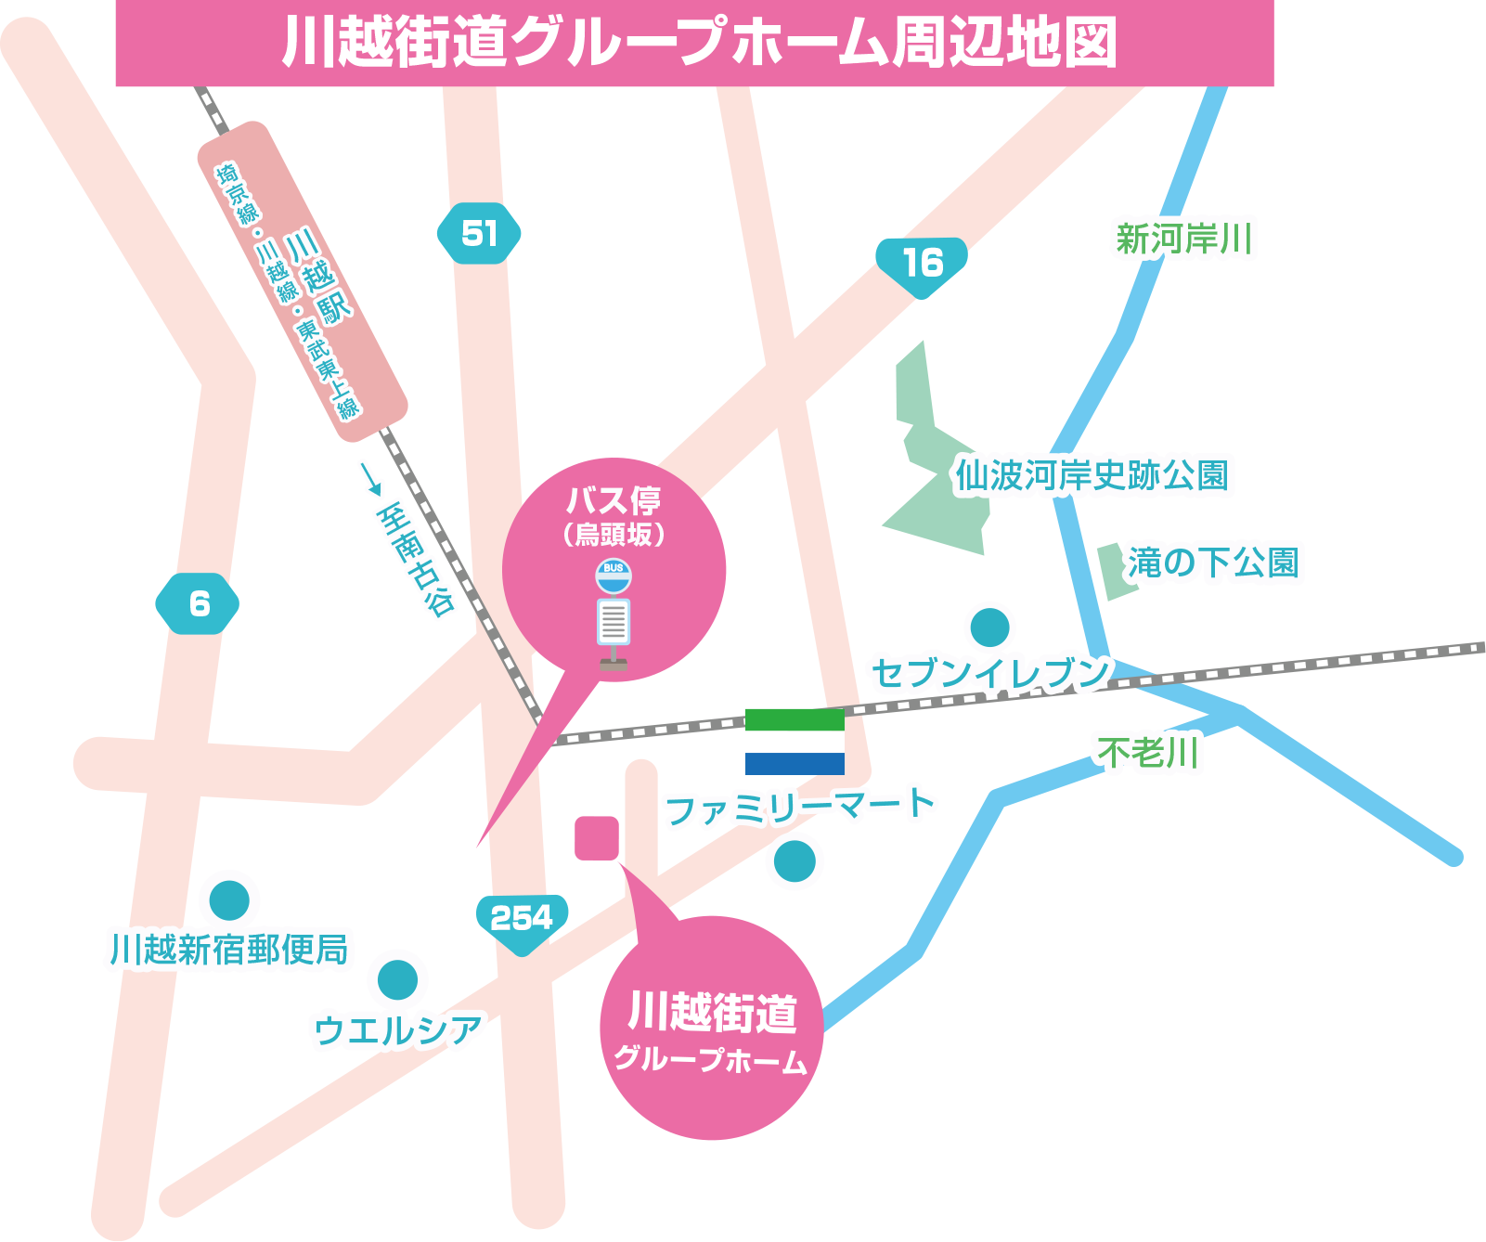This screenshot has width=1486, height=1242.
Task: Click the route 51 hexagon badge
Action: (479, 233)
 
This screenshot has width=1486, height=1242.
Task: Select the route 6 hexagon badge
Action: (198, 604)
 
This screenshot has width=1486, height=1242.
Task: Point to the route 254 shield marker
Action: (522, 920)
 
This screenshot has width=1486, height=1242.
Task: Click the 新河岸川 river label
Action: (1184, 239)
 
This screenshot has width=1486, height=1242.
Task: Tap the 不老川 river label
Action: (1149, 752)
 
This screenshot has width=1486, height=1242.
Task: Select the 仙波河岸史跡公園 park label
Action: (1092, 475)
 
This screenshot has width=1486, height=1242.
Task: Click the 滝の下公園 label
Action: (1214, 563)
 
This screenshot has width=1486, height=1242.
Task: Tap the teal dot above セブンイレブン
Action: (990, 627)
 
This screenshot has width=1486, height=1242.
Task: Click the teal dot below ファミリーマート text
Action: (795, 860)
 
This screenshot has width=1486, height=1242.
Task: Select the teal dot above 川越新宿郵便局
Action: (229, 899)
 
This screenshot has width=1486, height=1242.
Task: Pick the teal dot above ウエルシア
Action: (397, 979)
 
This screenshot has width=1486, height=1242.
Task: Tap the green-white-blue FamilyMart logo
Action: (795, 742)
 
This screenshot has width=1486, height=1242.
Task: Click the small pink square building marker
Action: (597, 838)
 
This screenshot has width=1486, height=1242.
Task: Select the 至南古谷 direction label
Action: (415, 560)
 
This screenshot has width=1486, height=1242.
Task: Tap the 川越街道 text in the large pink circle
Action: (712, 1013)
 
